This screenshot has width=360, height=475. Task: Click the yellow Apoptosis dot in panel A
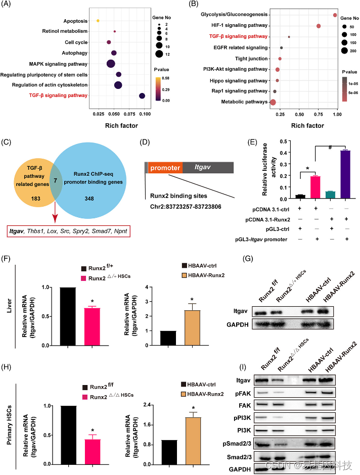(x=98, y=21)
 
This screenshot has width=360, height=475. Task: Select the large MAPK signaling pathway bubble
(x=111, y=63)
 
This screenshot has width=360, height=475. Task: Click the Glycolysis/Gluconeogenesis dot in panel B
(x=335, y=15)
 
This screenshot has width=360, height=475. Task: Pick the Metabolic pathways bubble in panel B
(x=274, y=103)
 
